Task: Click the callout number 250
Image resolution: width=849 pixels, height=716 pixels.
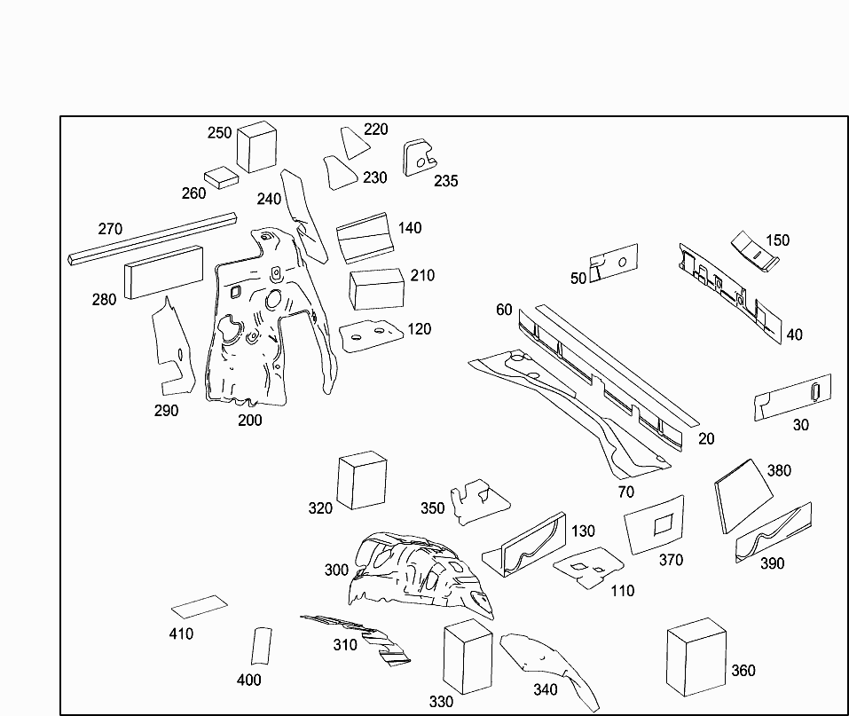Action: [x=219, y=133]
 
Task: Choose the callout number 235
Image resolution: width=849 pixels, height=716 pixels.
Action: [x=446, y=181]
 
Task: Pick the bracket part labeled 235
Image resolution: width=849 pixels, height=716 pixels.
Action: [x=419, y=157]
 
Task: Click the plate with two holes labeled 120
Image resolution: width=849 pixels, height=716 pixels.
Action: [x=371, y=335]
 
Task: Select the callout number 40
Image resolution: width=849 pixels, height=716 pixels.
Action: [x=794, y=334]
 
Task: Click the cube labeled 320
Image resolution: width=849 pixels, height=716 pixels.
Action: [x=362, y=480]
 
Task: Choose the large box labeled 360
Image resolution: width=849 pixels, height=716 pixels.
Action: [x=696, y=657]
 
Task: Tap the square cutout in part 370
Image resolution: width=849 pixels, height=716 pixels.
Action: [x=664, y=525]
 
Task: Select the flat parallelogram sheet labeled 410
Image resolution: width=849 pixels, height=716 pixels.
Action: [x=199, y=607]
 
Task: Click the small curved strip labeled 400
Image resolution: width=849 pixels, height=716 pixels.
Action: [x=260, y=646]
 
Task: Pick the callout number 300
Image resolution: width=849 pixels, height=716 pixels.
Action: [x=336, y=570]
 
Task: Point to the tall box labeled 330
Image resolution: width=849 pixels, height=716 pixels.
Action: [x=468, y=657]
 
